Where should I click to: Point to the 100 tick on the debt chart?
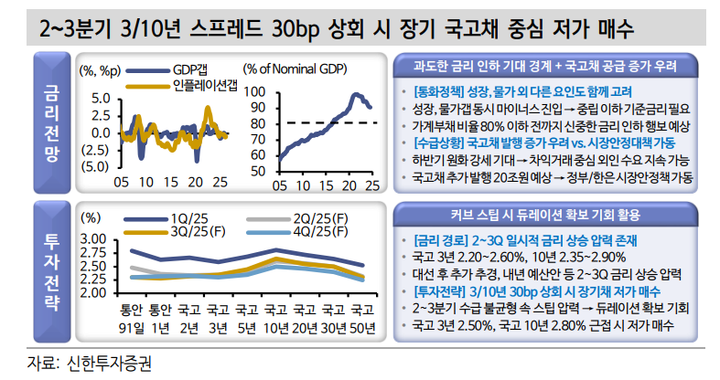click(x=255, y=93)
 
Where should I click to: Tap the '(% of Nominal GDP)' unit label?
click(x=295, y=69)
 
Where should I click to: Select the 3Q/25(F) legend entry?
click(x=197, y=231)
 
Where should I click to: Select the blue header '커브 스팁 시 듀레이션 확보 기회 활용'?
click(x=546, y=216)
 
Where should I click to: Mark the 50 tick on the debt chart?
click(x=259, y=171)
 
